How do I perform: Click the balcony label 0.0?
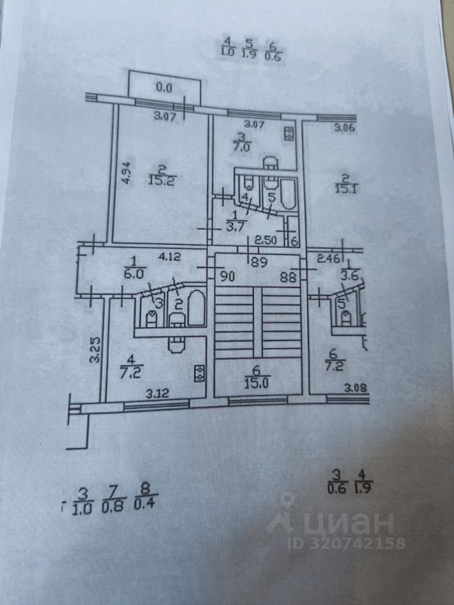(164, 88)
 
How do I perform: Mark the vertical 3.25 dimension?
(93, 350)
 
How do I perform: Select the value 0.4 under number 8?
(145, 505)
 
